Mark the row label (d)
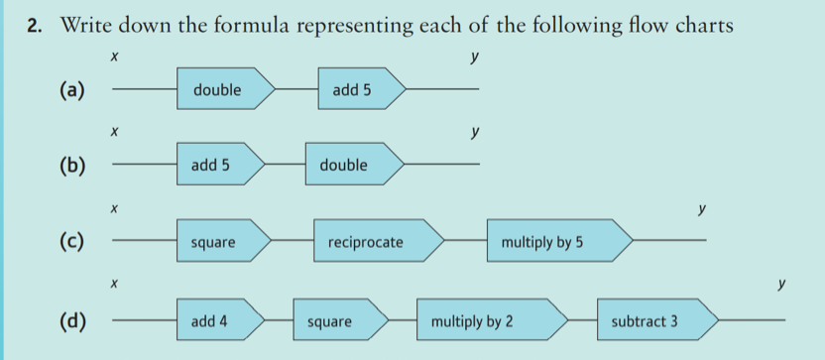pyautogui.click(x=72, y=321)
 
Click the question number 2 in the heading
pyautogui.click(x=36, y=27)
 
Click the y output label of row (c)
pyautogui.click(x=701, y=210)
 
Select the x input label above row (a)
pyautogui.click(x=114, y=60)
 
